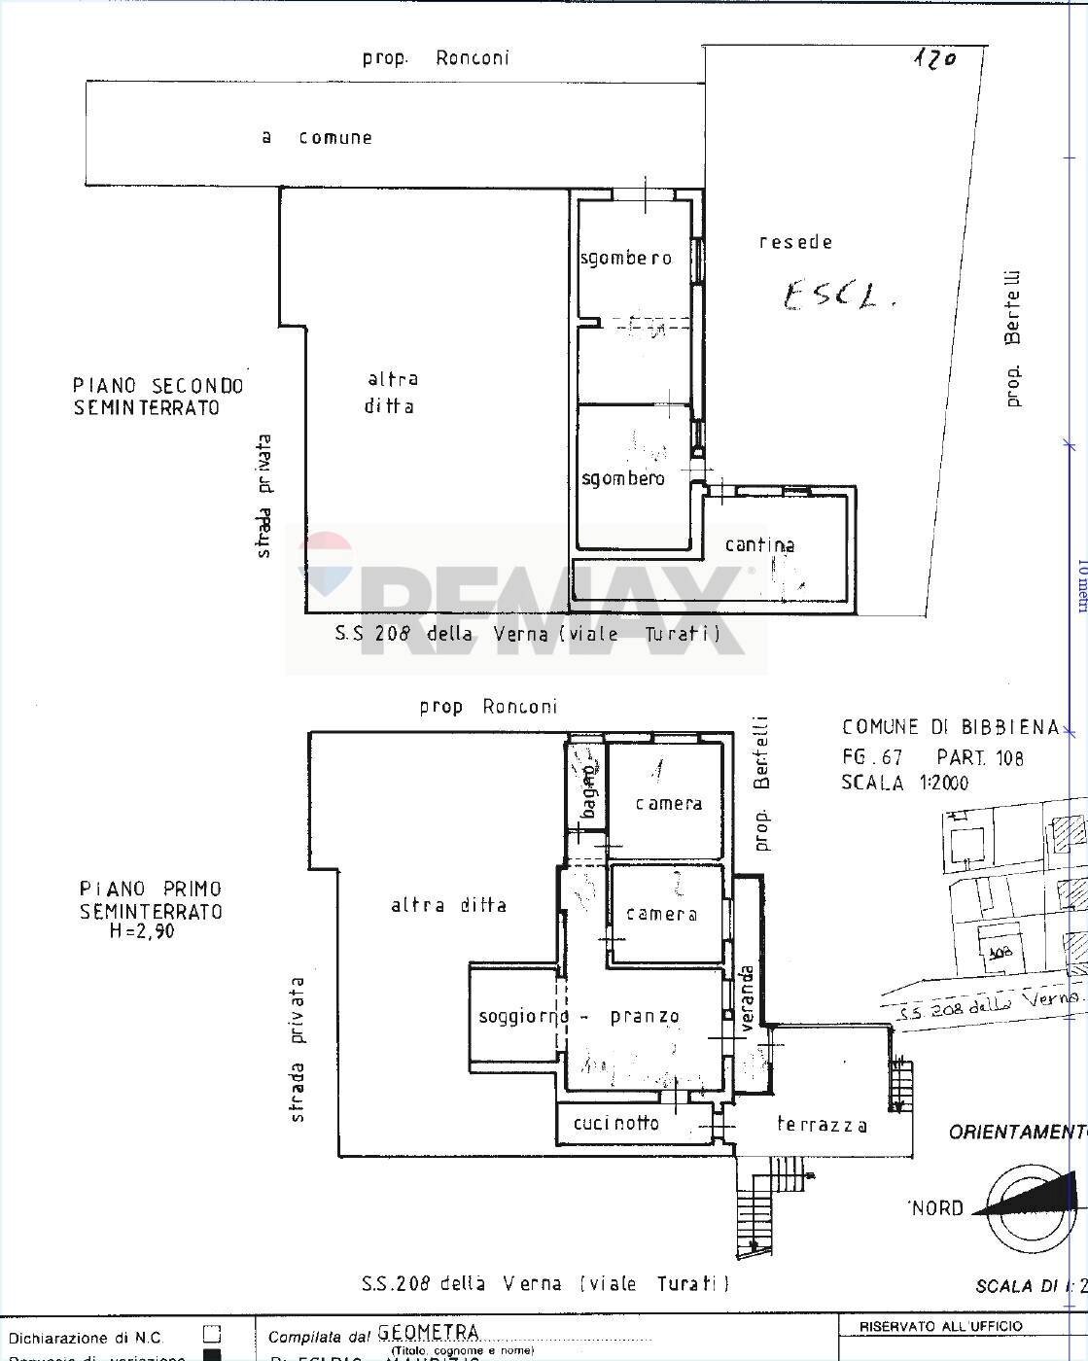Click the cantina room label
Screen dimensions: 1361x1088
point(759,545)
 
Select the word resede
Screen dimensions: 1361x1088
point(795,242)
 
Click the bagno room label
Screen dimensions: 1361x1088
point(588,787)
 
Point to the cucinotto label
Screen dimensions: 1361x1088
point(616,1124)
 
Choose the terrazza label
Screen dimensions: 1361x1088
point(822,1125)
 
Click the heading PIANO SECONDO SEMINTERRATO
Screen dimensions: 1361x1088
point(158,396)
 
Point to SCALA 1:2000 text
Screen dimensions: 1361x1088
point(905,783)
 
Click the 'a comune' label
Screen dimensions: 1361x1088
point(317,138)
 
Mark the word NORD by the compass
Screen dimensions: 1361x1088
point(937,1208)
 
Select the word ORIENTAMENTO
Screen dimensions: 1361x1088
point(1017,1133)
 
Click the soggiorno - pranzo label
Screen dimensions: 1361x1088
point(579,1017)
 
